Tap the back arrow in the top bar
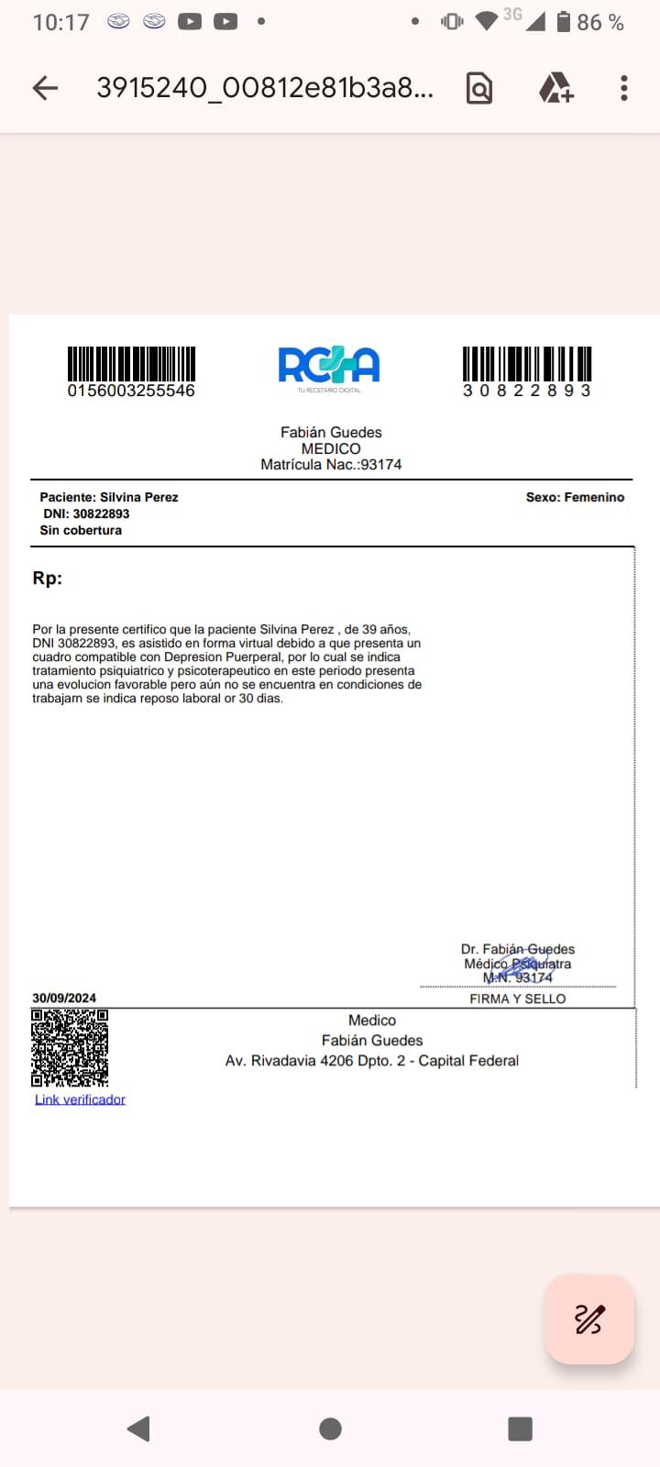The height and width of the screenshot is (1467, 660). pyautogui.click(x=45, y=88)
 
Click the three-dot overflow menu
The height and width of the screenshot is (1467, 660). pyautogui.click(x=624, y=88)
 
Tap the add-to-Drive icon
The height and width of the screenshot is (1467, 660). pyautogui.click(x=555, y=88)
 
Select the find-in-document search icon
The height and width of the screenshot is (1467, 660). pyautogui.click(x=479, y=88)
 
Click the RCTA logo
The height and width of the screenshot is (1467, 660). pyautogui.click(x=329, y=366)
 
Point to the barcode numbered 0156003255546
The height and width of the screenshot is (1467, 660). pyautogui.click(x=131, y=363)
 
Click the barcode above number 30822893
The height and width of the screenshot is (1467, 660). pyautogui.click(x=527, y=363)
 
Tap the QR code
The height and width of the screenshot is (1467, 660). pyautogui.click(x=70, y=1048)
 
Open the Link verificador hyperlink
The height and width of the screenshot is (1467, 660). pyautogui.click(x=80, y=1099)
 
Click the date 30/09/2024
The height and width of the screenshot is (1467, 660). pyautogui.click(x=64, y=998)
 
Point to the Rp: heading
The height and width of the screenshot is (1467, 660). pyautogui.click(x=48, y=578)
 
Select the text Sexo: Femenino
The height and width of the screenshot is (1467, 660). pyautogui.click(x=575, y=497)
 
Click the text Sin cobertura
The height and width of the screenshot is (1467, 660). pyautogui.click(x=81, y=530)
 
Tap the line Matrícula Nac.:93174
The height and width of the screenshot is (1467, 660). pyautogui.click(x=331, y=465)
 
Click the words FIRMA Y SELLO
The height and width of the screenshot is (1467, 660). pyautogui.click(x=518, y=998)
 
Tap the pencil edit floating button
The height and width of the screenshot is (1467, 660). pyautogui.click(x=588, y=1319)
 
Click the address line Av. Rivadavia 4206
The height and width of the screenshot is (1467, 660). pyautogui.click(x=372, y=1061)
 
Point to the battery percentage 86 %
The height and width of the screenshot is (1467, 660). pyautogui.click(x=600, y=23)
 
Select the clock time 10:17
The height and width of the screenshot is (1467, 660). pyautogui.click(x=60, y=23)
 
